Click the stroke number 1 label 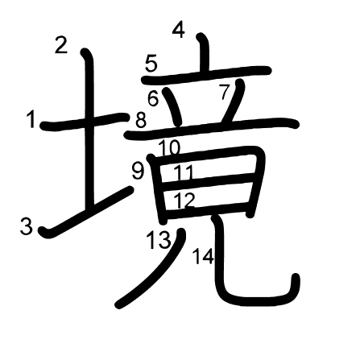coord(31,120)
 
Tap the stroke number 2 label coord(61,45)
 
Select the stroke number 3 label coord(27,226)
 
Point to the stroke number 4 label coord(179,30)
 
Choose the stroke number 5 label coord(151,64)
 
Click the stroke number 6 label coord(153,98)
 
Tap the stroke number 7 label coord(225,92)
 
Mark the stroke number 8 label coord(141,120)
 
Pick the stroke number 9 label coord(138,172)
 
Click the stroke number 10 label coord(170,148)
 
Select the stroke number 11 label coord(184,172)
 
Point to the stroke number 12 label coord(184,200)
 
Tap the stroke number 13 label coord(159,240)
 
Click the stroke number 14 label coord(204,256)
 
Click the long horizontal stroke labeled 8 coord(212,128)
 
